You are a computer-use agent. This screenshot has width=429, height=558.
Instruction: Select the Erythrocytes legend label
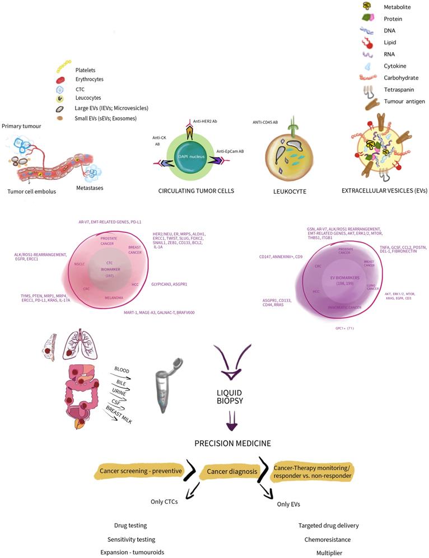coord(93,79)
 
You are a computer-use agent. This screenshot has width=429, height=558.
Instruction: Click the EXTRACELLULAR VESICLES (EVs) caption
coord(384,190)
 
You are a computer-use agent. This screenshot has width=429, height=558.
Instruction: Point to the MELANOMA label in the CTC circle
coord(114,297)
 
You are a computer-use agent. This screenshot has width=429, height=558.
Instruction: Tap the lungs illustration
coord(75,346)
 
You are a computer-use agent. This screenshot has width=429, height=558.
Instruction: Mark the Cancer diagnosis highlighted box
coord(232,472)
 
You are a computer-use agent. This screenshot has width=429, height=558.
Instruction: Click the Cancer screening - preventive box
coord(142,471)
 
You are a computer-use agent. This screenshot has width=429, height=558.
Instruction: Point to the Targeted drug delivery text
coord(328,526)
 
